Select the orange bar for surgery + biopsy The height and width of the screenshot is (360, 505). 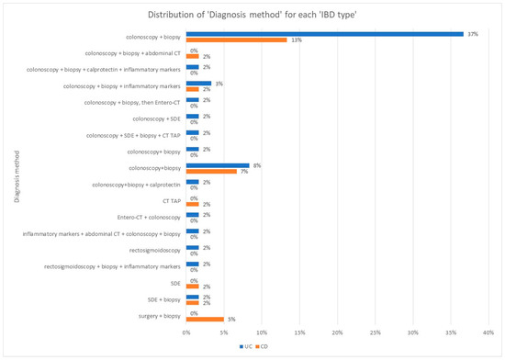coord(205,320)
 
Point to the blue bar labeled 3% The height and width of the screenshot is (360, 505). coord(198,84)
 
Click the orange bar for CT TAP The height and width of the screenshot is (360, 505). coord(193,205)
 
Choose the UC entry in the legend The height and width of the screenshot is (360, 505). coord(245,345)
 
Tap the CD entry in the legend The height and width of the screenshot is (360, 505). coord(263,345)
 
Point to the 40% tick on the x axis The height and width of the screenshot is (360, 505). coord(488,332)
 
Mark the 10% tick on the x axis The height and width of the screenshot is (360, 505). coord(262,332)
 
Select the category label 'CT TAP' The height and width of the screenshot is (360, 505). coord(171,201)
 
